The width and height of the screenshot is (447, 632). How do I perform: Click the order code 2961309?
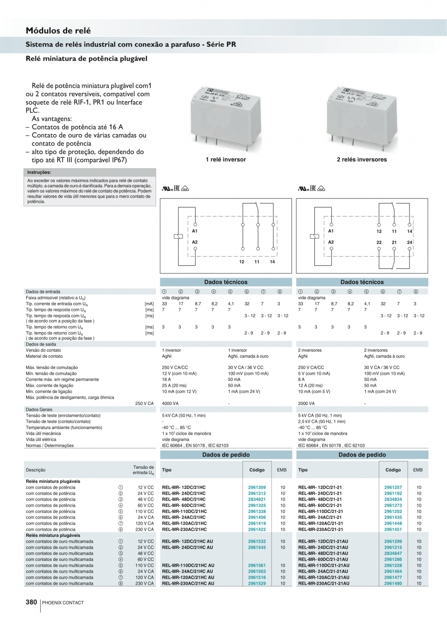[x=257, y=488]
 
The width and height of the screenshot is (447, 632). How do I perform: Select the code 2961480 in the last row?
[x=393, y=584]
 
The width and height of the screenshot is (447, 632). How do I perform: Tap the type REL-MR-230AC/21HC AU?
[x=188, y=584]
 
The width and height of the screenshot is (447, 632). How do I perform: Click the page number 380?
[x=31, y=602]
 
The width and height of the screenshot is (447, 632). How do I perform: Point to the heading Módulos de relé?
[x=58, y=31]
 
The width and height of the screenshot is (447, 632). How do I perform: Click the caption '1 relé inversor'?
[x=226, y=160]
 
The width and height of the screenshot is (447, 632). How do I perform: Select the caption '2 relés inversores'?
[x=361, y=160]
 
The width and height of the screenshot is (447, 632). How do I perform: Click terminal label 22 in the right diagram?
[x=379, y=242]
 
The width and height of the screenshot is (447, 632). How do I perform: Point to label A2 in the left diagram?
[x=195, y=242]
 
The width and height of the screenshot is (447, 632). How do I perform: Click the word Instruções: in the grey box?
[x=39, y=172]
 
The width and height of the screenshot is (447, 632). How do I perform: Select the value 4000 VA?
[x=170, y=404]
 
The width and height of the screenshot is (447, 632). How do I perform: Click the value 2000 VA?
[x=306, y=404]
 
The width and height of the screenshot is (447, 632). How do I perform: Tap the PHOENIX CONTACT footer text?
[x=63, y=603]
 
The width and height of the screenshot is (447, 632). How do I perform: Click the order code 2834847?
[x=393, y=553]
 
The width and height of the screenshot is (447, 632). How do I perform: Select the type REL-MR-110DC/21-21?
[x=320, y=512]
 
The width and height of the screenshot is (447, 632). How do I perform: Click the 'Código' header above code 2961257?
[x=393, y=470]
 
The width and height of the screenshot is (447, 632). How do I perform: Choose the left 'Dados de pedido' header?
[x=226, y=455]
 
